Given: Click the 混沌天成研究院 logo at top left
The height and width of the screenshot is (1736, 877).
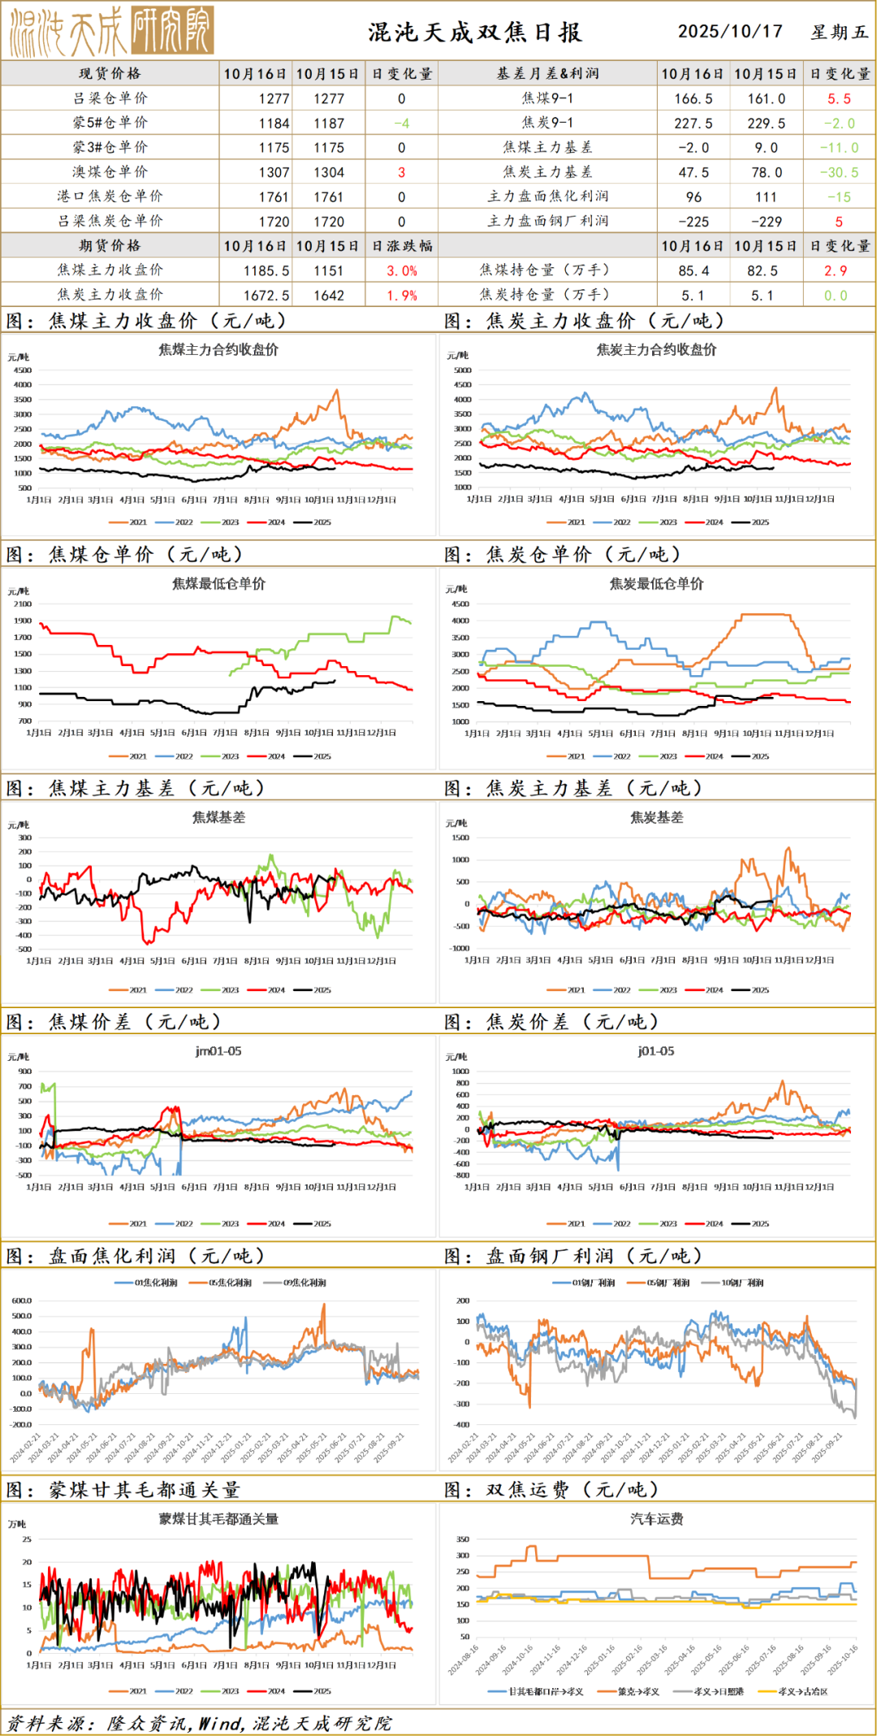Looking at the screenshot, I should point(111,31).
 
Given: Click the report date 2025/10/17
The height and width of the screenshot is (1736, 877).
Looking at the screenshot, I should point(730,32).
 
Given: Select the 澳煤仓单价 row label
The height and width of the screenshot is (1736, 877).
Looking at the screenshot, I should point(110,172).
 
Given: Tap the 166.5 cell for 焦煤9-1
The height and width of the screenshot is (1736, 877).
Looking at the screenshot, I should point(693,98).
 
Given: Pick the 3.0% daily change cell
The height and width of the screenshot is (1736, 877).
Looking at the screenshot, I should point(401,271).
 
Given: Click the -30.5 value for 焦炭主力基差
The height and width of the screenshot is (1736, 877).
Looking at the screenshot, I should point(839,172).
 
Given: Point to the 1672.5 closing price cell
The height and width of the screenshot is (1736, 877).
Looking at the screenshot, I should point(266,296).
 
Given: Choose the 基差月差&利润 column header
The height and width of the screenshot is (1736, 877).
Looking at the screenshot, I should point(547,73).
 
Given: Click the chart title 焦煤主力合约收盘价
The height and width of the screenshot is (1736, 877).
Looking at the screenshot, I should point(218,350).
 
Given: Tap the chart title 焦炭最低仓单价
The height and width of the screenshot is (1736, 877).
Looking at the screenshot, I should point(656,584).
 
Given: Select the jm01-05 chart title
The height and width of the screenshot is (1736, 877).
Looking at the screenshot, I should point(218,1051).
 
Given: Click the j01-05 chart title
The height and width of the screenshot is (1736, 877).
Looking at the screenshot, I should point(656,1051).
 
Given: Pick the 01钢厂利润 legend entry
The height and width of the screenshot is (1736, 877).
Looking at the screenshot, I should point(584,1283).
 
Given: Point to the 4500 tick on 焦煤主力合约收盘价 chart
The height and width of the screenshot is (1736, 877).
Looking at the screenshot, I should point(23,370).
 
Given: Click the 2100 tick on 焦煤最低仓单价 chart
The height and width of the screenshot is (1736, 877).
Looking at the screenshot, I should point(23,604).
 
